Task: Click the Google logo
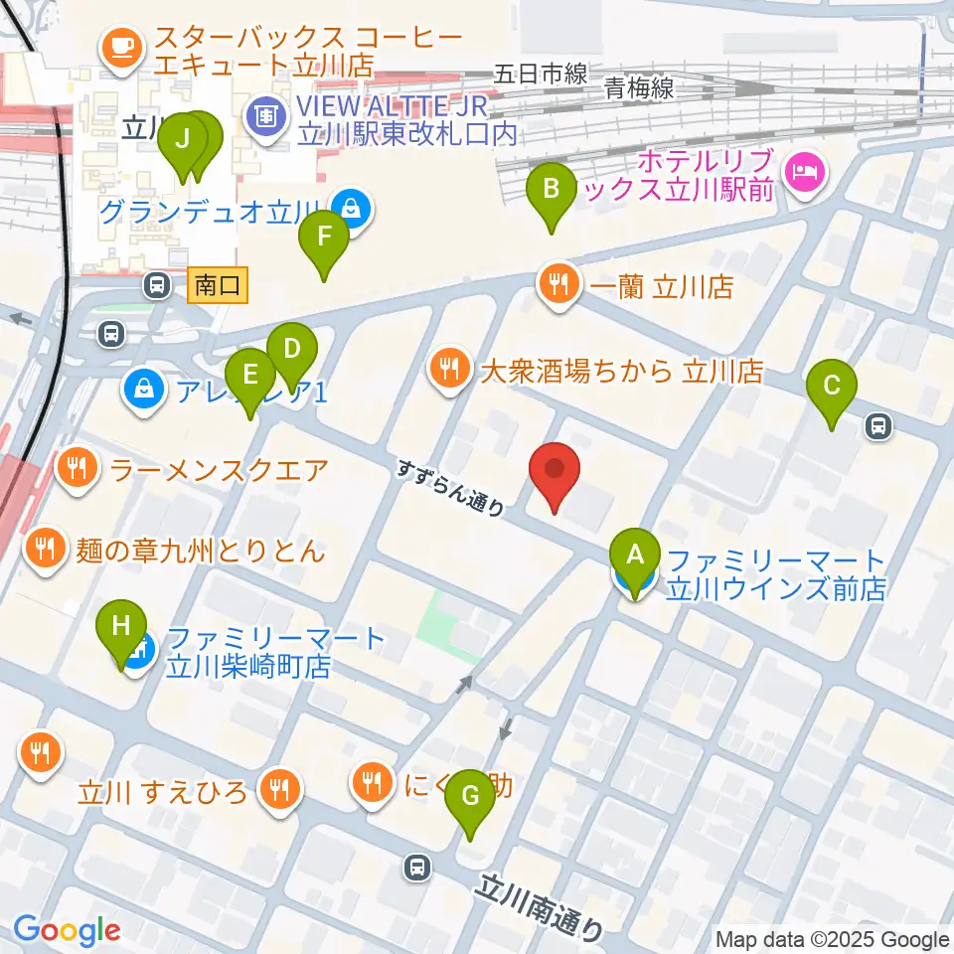click(x=67, y=930)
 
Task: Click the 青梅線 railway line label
click(x=639, y=88)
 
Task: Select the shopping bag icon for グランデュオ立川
click(x=351, y=210)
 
